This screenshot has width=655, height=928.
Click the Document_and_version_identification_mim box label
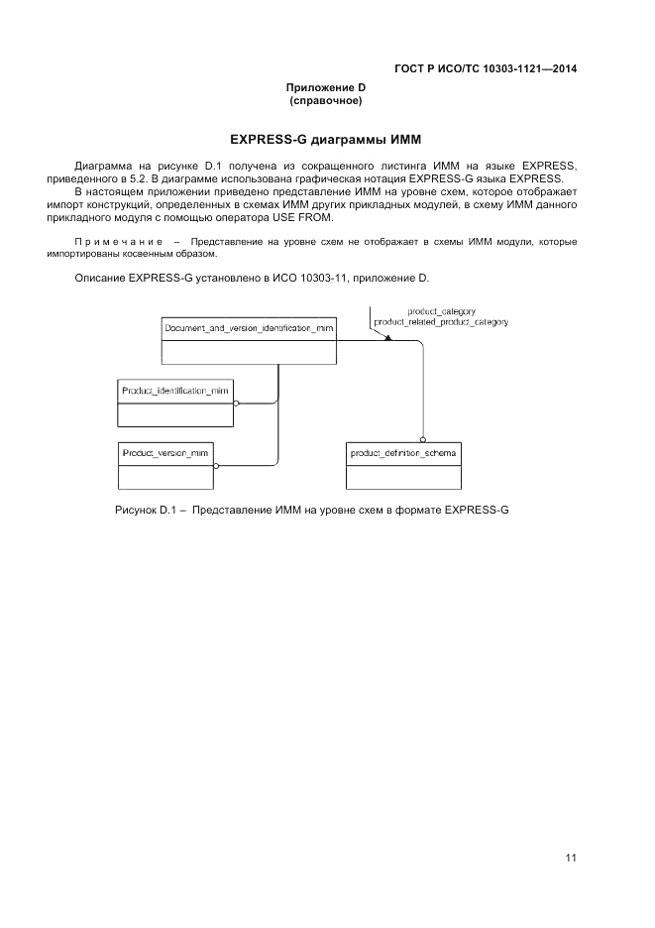pyautogui.click(x=249, y=326)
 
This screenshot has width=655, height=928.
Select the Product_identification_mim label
pyautogui.click(x=174, y=391)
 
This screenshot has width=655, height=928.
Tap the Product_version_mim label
pyautogui.click(x=164, y=452)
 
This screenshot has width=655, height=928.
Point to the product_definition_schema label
pyautogui.click(x=403, y=452)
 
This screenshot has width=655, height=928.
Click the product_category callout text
pyautogui.click(x=434, y=311)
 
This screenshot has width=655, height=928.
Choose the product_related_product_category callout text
pyautogui.click(x=440, y=322)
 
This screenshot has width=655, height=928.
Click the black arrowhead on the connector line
pyautogui.click(x=388, y=338)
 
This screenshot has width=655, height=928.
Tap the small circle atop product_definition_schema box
pyautogui.click(x=422, y=439)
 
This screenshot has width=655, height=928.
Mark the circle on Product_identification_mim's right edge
pyautogui.click(x=236, y=404)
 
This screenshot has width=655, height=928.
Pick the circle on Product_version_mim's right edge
pyautogui.click(x=216, y=465)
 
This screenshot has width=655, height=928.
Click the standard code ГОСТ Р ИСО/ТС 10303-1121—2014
pyautogui.click(x=486, y=68)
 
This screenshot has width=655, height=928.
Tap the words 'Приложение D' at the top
pyautogui.click(x=326, y=88)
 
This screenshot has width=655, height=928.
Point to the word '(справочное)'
pyautogui.click(x=326, y=101)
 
